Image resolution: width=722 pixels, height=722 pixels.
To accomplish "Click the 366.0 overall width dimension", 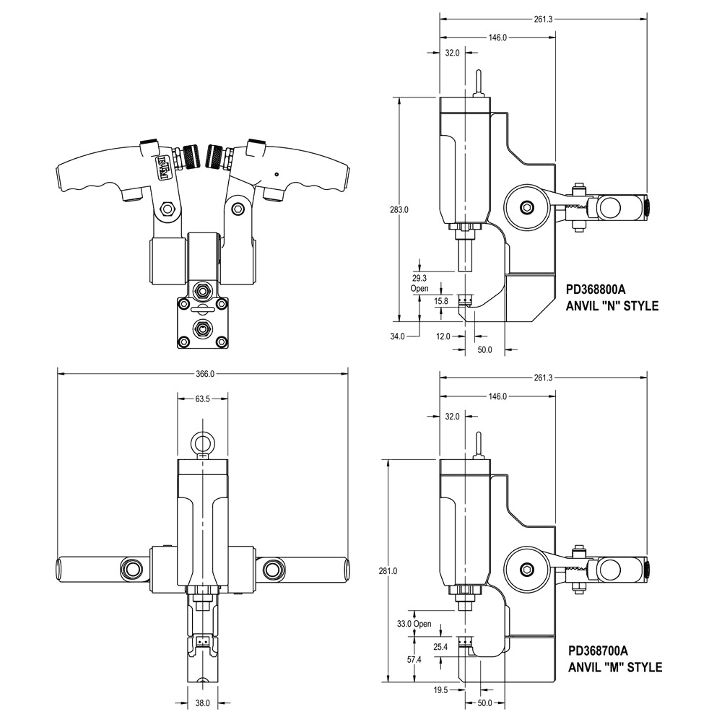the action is click(205, 374).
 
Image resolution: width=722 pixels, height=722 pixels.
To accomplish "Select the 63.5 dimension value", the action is click(202, 399).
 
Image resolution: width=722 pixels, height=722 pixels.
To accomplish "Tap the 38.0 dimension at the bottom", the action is click(202, 703).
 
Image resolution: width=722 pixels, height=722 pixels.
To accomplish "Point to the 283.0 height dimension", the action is click(399, 209).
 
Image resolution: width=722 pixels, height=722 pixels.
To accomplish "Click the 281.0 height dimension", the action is click(388, 571).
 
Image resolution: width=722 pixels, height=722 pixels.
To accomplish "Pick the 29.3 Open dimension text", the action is click(419, 283).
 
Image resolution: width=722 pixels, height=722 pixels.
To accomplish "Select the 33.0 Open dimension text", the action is click(414, 624).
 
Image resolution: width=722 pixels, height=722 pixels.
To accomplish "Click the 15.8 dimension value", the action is click(440, 301).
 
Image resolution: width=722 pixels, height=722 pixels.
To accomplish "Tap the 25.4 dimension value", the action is click(440, 647).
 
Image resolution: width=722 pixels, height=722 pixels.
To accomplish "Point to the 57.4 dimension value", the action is click(414, 660).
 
